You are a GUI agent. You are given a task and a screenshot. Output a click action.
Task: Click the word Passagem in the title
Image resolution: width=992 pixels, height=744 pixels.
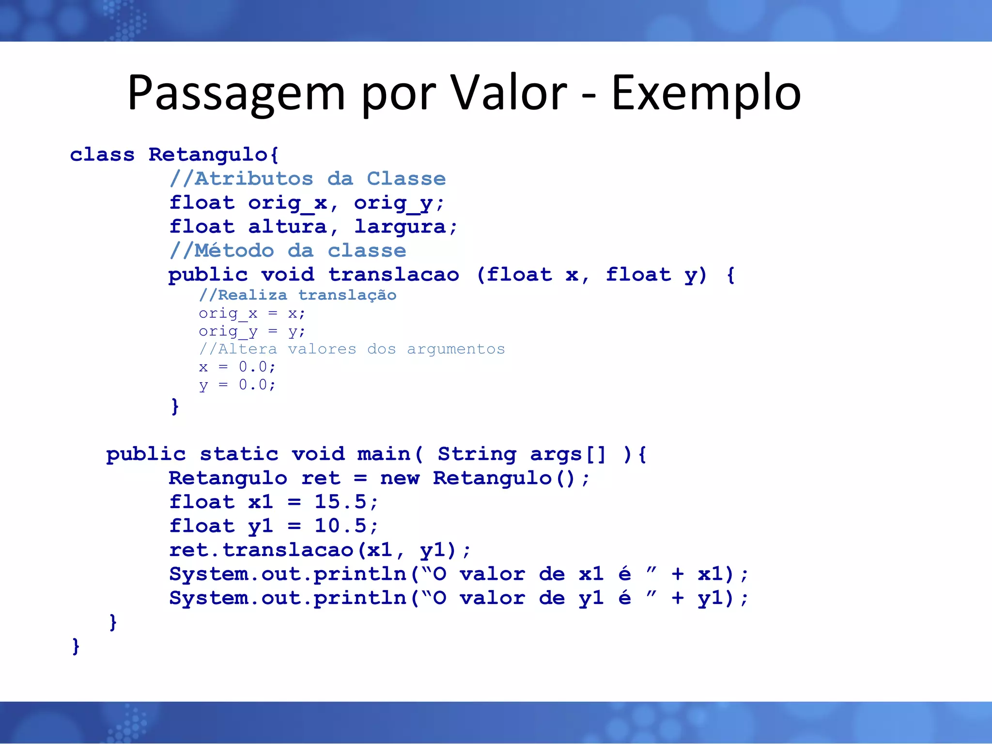click(236, 93)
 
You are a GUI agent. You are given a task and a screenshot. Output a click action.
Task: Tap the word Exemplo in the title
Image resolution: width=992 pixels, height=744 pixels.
click(706, 93)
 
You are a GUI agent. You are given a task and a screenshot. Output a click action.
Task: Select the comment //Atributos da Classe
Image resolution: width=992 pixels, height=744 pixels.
click(307, 179)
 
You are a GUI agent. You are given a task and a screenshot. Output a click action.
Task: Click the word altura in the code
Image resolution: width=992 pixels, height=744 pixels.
click(287, 227)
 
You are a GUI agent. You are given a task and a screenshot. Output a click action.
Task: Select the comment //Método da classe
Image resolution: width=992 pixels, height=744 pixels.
click(288, 251)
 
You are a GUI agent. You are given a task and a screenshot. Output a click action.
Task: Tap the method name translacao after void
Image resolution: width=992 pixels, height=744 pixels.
click(394, 275)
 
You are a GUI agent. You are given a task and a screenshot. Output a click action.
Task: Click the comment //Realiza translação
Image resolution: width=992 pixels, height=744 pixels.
click(297, 295)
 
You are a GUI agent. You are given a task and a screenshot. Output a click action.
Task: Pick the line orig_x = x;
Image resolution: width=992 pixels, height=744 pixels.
click(251, 313)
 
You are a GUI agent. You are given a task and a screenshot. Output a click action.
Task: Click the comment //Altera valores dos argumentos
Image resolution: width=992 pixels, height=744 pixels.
click(352, 349)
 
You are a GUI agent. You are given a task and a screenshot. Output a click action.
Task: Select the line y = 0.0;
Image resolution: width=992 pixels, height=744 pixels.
click(237, 385)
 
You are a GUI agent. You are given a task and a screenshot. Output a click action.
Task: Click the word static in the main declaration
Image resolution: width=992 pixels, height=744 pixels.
click(239, 454)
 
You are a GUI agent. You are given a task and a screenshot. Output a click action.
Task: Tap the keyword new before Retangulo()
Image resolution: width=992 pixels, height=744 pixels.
click(400, 478)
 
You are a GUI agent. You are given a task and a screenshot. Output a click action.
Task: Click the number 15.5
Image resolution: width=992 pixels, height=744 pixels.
click(340, 502)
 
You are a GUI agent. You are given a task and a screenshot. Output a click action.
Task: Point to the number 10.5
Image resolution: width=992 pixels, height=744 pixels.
click(340, 526)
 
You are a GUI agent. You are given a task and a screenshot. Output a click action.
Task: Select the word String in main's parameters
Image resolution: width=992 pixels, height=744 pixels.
click(477, 454)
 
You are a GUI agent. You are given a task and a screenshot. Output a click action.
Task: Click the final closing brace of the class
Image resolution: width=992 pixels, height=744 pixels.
click(76, 646)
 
